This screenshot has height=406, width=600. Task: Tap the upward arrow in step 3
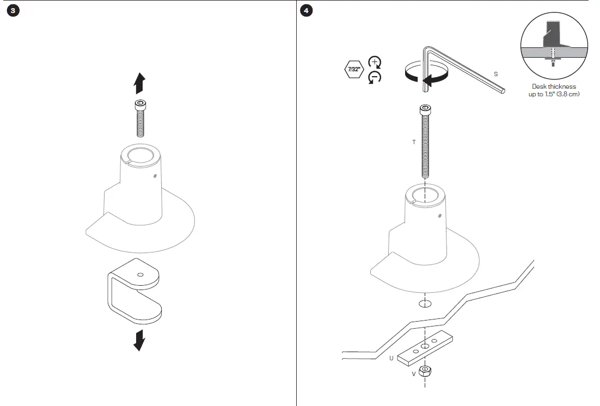pyautogui.click(x=139, y=84)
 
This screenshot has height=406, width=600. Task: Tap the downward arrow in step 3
pyautogui.click(x=139, y=340)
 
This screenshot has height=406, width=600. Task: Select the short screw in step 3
pyautogui.click(x=140, y=119)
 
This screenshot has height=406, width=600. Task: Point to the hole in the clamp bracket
pyautogui.click(x=140, y=275)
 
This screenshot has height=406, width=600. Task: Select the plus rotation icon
pyautogui.click(x=375, y=61)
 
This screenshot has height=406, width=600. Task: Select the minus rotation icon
pyautogui.click(x=375, y=77)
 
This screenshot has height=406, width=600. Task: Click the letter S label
pyautogui.click(x=495, y=73)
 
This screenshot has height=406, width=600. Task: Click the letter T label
pyautogui.click(x=414, y=142)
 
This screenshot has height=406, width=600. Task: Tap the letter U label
pyautogui.click(x=391, y=359)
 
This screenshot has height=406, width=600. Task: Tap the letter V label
pyautogui.click(x=413, y=374)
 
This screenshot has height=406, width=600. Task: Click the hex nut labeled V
pyautogui.click(x=425, y=372)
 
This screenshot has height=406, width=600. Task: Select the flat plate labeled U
pyautogui.click(x=425, y=348)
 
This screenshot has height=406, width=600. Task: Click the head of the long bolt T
pyautogui.click(x=425, y=110)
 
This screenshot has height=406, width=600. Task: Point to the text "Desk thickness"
pyautogui.click(x=554, y=87)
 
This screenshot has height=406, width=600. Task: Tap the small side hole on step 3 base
pyautogui.click(x=155, y=175)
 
